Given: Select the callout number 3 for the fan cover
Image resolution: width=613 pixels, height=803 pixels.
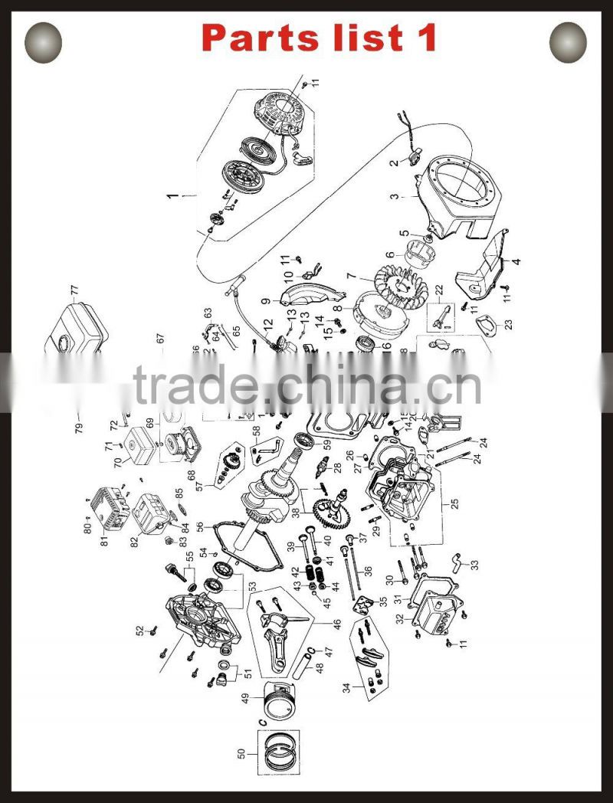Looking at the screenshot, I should (x=394, y=196).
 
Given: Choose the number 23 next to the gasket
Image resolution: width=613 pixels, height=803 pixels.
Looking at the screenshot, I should (x=509, y=323).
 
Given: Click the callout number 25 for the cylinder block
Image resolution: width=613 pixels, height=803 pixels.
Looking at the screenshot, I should (x=455, y=503).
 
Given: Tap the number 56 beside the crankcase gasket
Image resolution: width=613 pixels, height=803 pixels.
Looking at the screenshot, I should (x=200, y=526).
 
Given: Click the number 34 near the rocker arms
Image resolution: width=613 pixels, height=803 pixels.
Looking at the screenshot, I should (x=347, y=687).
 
